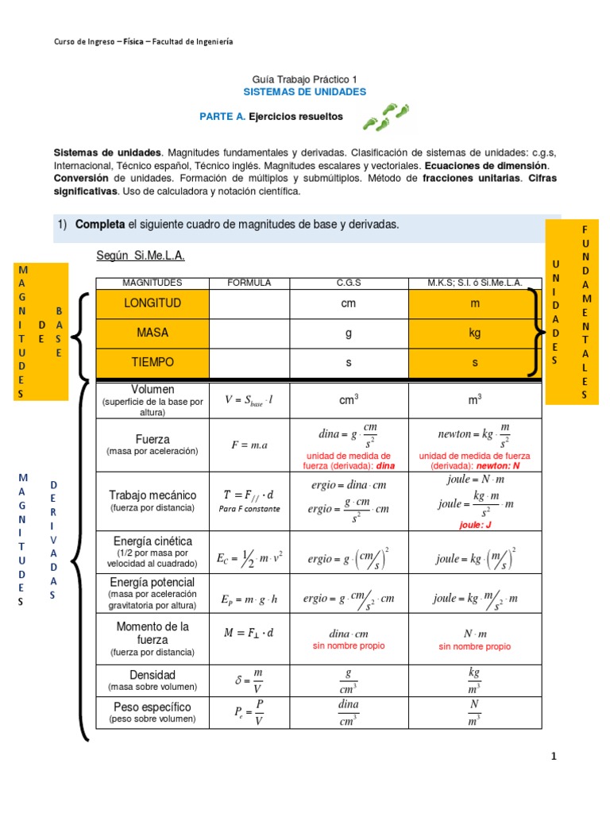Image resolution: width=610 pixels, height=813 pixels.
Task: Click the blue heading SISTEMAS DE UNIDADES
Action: [305, 92]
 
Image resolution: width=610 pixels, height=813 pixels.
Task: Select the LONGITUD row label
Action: [152, 304]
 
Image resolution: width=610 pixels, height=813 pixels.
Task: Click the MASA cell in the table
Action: [152, 333]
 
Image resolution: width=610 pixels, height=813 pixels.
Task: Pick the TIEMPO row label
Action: [152, 362]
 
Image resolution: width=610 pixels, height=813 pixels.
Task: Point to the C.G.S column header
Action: [348, 283]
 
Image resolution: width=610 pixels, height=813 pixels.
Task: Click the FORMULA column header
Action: [249, 283]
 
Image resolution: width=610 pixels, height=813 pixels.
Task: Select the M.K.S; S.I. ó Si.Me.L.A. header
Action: [475, 283]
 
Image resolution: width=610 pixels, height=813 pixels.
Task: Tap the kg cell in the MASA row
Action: [475, 333]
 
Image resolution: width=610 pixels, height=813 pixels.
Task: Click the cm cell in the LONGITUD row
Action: [348, 304]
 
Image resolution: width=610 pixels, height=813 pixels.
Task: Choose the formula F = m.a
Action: [249, 445]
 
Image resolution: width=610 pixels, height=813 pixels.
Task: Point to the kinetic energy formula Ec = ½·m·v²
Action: [249, 558]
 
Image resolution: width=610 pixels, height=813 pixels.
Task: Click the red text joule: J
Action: [475, 525]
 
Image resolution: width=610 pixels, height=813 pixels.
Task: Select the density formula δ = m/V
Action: [249, 680]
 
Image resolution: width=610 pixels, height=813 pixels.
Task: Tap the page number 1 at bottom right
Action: [554, 757]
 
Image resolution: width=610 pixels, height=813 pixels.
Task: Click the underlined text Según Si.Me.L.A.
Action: [140, 255]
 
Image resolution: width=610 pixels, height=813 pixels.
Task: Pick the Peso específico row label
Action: [152, 707]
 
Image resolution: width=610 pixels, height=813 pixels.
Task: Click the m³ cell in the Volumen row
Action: [475, 401]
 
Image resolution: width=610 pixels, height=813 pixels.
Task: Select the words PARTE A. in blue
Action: [222, 117]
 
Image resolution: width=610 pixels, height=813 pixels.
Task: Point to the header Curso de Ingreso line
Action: [143, 41]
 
